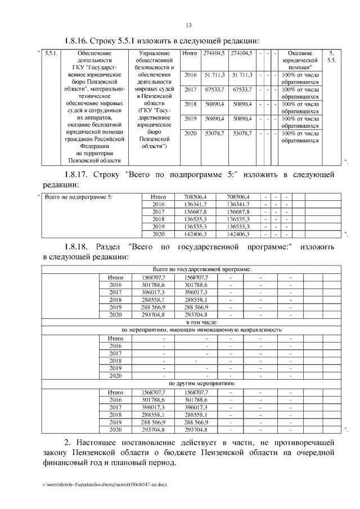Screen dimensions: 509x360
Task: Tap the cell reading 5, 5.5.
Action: pyautogui.click(x=332, y=56)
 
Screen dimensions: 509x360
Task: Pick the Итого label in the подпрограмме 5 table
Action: pyautogui.click(x=159, y=197)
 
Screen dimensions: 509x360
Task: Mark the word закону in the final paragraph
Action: pyautogui.click(x=58, y=452)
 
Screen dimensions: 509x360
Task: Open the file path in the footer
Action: pyautogui.click(x=103, y=484)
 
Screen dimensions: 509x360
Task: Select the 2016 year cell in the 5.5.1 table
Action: pyautogui.click(x=191, y=75)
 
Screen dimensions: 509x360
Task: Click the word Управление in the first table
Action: pyautogui.click(x=154, y=53)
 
